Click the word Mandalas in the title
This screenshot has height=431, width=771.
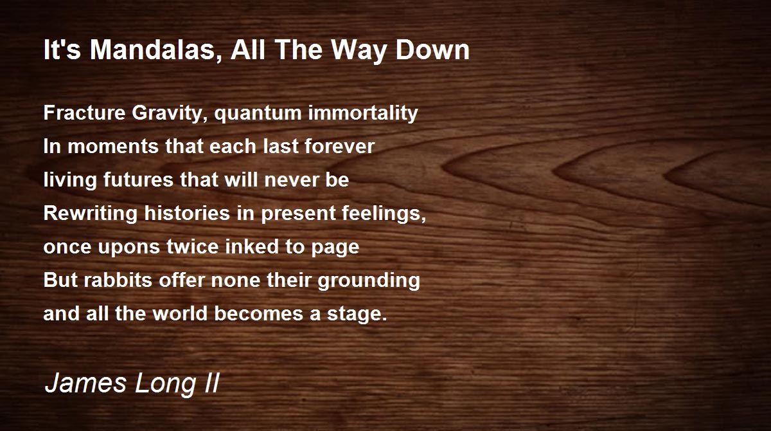pyautogui.click(x=155, y=50)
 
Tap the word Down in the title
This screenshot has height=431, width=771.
pyautogui.click(x=432, y=50)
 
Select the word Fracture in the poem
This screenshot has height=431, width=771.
pyautogui.click(x=84, y=113)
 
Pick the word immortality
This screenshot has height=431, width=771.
pyautogui.click(x=363, y=113)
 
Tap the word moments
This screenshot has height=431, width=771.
pyautogui.click(x=112, y=147)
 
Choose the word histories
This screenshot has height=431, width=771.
pyautogui.click(x=187, y=213)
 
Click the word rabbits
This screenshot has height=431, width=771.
pyautogui.click(x=118, y=280)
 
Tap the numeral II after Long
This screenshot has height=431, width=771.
pyautogui.click(x=211, y=383)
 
